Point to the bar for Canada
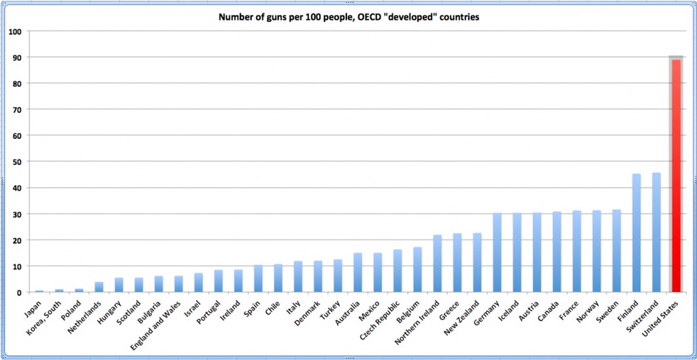(x=557, y=252)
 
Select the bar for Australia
(x=357, y=273)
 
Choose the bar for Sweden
(x=617, y=251)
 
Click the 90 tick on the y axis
(x=15, y=58)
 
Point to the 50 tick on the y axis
(x=15, y=162)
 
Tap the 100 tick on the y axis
(x=14, y=31)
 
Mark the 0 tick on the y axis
(x=18, y=293)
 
